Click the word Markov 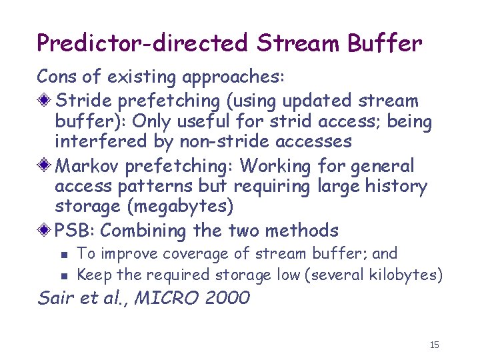point(87,165)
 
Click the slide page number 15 point(435,345)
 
